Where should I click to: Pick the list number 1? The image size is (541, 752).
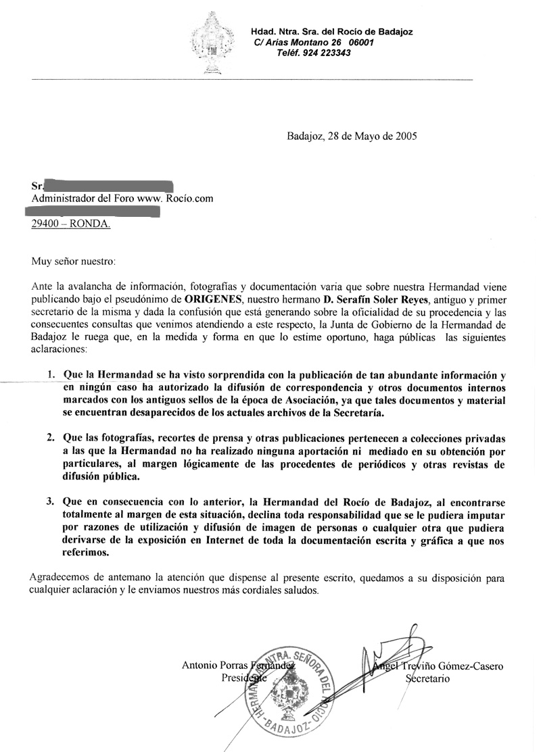[51, 374]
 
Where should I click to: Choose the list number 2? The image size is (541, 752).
[51, 438]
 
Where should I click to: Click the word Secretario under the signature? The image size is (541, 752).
[427, 678]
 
